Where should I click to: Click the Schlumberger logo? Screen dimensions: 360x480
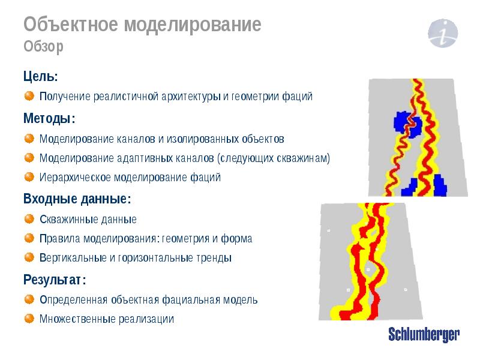click(424, 335)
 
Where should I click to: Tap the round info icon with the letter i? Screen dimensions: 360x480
click(443, 32)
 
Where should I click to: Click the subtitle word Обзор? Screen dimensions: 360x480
click(43, 47)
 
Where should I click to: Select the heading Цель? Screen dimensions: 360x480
click(41, 76)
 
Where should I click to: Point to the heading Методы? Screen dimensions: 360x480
click(49, 118)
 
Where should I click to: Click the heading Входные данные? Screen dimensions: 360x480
click(77, 199)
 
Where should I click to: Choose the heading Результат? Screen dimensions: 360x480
click(55, 280)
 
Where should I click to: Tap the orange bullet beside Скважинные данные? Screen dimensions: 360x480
click(29, 219)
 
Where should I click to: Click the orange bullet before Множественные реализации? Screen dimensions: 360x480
click(29, 319)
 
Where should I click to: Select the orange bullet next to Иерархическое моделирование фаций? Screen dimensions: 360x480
click(29, 177)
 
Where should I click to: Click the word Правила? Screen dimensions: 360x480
click(59, 239)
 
